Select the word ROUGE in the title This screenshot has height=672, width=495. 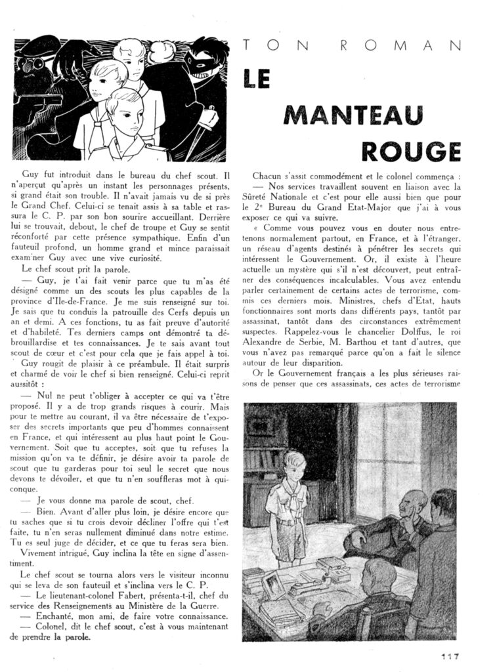pyautogui.click(x=412, y=150)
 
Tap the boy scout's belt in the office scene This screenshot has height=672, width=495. pyautogui.click(x=288, y=523)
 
